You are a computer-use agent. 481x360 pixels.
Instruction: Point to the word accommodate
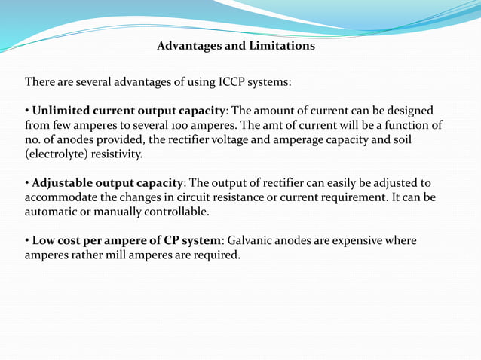click(60, 197)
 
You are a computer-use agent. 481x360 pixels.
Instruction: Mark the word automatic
click(51, 212)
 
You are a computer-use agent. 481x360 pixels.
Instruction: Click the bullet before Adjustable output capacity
click(28, 183)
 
